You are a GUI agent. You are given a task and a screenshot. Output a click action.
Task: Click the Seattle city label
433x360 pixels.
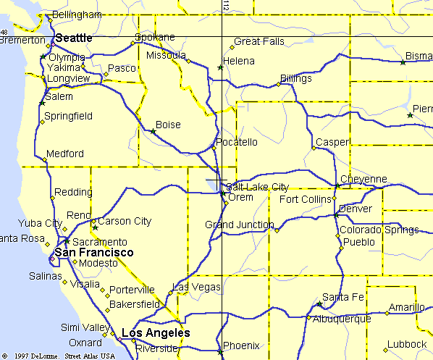coord(74,38)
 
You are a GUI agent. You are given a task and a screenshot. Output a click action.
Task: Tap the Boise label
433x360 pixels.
coord(168,125)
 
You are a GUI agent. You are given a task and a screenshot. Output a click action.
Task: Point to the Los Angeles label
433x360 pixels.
coord(156,333)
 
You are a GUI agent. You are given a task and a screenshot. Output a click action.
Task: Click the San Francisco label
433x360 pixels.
coord(95,252)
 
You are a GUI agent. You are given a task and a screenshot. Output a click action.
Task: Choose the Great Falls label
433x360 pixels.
coord(259,41)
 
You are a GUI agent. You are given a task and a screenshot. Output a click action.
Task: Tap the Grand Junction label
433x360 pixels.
coord(239,225)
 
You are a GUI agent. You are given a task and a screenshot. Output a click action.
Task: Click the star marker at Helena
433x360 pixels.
coord(220,68)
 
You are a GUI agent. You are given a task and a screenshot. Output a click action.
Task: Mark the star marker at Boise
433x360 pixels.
coord(153,132)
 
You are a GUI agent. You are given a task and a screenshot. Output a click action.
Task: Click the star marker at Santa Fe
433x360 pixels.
coord(319,304)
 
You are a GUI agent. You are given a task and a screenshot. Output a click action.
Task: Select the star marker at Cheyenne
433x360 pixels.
coord(337,186)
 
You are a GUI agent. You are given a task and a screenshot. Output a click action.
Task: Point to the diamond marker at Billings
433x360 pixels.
coord(278,85)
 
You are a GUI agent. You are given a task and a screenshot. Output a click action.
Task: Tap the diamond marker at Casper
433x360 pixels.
coord(314,148)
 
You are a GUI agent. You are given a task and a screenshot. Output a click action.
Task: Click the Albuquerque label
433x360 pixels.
coord(342,318)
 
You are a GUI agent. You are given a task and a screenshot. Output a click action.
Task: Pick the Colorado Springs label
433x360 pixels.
coord(379,230)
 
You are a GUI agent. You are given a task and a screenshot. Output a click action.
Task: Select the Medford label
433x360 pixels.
coord(64,154)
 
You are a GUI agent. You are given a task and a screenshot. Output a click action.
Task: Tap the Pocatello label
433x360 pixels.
coord(237,141)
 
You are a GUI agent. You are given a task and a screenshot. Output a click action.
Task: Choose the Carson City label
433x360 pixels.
coord(125,221)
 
